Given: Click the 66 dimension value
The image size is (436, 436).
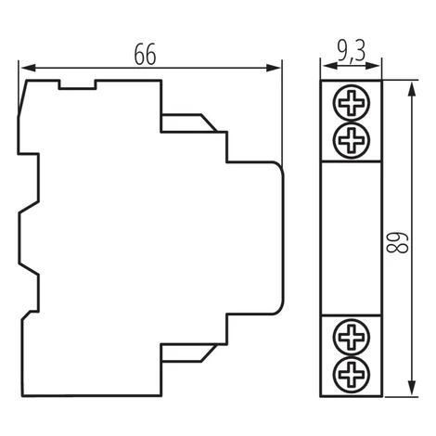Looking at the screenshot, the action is coord(145,55).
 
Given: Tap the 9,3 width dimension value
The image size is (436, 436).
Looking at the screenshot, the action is coord(352,51).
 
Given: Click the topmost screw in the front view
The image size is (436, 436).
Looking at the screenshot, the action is coord(352,102).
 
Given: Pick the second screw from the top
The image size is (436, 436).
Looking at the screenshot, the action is coord(352,141).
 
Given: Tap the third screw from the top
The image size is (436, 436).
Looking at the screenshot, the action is coord(352,337).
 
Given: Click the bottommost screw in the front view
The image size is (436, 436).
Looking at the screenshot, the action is coord(352,375).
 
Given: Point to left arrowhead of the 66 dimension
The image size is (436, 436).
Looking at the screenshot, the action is coord(29,68).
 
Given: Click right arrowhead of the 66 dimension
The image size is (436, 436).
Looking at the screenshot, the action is coord(274,68).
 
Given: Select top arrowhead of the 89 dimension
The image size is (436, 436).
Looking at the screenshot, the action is coord(411,90).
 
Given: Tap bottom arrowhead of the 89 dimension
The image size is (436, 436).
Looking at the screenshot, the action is coord(411,387).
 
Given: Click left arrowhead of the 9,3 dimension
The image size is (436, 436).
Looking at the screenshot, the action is coord(329,66).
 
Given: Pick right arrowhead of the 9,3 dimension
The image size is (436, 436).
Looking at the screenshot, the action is coord(372,66).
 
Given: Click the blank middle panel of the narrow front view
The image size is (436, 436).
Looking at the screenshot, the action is coord(352,238).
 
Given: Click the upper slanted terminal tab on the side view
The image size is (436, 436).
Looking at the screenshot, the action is coord(189,123).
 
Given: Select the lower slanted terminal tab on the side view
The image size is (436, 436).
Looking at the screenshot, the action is coord(189,353).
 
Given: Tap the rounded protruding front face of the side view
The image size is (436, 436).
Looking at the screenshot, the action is coord(255,238).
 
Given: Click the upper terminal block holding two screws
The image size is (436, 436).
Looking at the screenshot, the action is coord(352,121).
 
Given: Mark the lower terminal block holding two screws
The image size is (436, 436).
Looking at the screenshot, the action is coord(352,355).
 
